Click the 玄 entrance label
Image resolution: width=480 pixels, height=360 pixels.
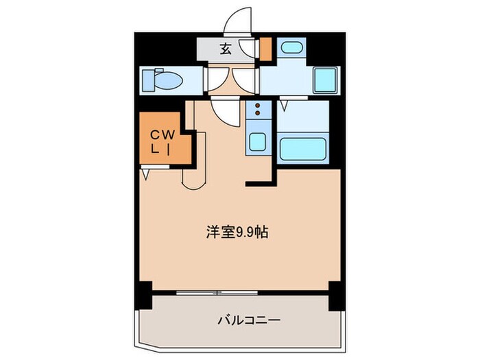(225, 49)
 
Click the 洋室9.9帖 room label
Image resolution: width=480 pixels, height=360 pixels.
(237, 232)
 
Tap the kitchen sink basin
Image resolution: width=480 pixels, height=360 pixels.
(256, 142)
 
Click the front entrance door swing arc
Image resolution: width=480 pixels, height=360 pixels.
(242, 21)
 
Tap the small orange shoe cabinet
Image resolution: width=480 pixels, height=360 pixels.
(266, 49)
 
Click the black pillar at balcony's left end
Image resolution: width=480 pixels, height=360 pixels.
(144, 296)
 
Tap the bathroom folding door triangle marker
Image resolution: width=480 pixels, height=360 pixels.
(285, 104)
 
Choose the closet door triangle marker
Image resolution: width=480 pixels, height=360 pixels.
(146, 174)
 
